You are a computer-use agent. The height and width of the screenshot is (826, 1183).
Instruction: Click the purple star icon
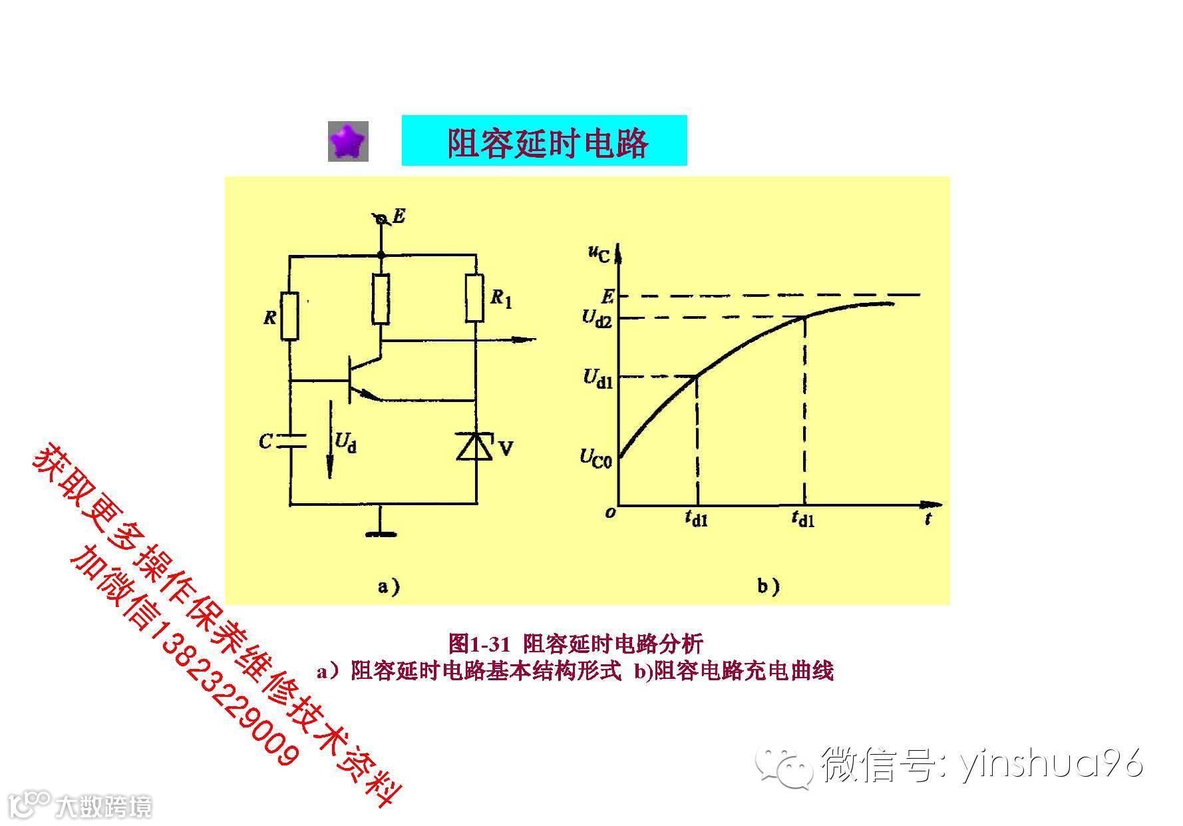(x=348, y=141)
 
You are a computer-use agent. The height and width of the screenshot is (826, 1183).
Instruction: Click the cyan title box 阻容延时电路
(x=544, y=140)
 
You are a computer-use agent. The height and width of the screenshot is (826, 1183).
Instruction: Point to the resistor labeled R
(x=290, y=316)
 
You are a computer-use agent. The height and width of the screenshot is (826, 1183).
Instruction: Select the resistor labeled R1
(x=475, y=298)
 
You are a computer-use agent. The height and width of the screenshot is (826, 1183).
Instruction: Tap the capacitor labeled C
(x=290, y=441)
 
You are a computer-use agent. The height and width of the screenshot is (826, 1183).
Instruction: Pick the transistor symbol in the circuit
(x=356, y=379)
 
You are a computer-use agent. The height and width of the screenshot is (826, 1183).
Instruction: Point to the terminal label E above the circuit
(x=398, y=216)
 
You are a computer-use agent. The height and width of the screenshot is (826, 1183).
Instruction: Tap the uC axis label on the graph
(x=598, y=254)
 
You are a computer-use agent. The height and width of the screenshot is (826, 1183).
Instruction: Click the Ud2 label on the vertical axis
(x=596, y=317)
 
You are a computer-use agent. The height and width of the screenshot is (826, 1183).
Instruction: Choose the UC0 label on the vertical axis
(x=595, y=458)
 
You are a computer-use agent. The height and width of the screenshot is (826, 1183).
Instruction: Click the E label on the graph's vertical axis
(x=606, y=296)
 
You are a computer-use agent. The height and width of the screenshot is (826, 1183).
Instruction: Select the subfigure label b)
(x=768, y=586)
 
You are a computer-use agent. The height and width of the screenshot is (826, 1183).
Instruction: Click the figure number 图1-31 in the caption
(x=479, y=644)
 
